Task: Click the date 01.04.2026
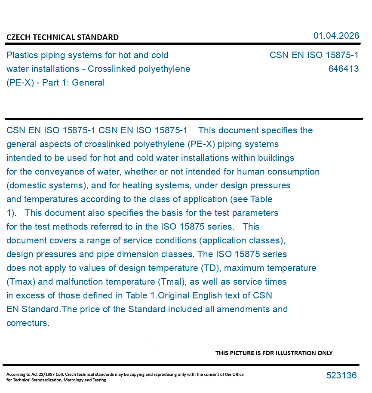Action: coord(336,36)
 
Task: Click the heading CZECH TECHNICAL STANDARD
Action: coord(62,37)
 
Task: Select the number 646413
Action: coord(343,69)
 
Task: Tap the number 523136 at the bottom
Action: coord(341,375)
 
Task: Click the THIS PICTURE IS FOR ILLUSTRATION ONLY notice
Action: coord(274,353)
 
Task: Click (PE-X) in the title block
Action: coord(20,83)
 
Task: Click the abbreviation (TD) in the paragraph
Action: coord(211,268)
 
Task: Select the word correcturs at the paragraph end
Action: coord(28,323)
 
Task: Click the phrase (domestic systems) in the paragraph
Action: coord(45,185)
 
